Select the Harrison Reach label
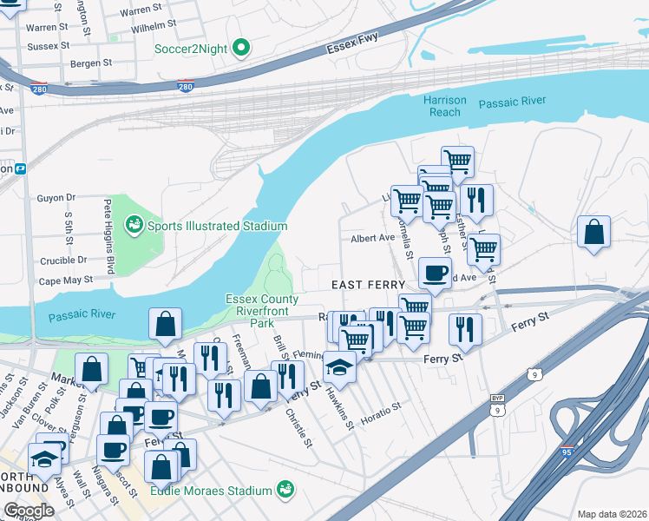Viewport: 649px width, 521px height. click(445, 106)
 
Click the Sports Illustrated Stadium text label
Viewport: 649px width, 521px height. click(217, 227)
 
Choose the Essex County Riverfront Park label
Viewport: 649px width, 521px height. click(262, 310)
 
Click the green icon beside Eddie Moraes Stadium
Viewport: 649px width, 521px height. click(283, 491)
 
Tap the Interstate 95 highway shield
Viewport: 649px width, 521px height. click(567, 452)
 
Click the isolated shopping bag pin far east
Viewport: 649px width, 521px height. click(593, 232)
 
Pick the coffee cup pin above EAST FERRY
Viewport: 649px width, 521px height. click(435, 273)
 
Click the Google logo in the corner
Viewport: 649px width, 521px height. click(28, 511)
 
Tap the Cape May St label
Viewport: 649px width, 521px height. click(65, 280)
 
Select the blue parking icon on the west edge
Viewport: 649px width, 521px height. click(19, 168)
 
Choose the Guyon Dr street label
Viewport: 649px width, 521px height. click(56, 198)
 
